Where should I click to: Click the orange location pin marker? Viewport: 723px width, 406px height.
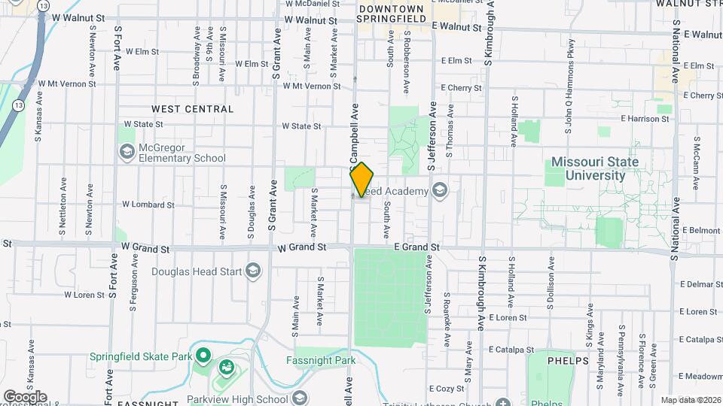point(361,179)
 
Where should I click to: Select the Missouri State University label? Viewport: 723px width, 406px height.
point(595,168)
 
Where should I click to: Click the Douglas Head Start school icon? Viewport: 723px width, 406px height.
point(254,271)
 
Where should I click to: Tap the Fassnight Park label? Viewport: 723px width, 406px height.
point(320,360)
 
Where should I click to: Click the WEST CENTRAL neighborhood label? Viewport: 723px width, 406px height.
point(192,109)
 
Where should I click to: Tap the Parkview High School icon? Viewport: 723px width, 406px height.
point(299,398)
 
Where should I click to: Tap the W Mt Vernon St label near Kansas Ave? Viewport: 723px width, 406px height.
point(62,83)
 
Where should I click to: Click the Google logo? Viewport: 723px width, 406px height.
point(25,396)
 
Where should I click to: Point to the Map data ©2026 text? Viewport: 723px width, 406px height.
point(690,400)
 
